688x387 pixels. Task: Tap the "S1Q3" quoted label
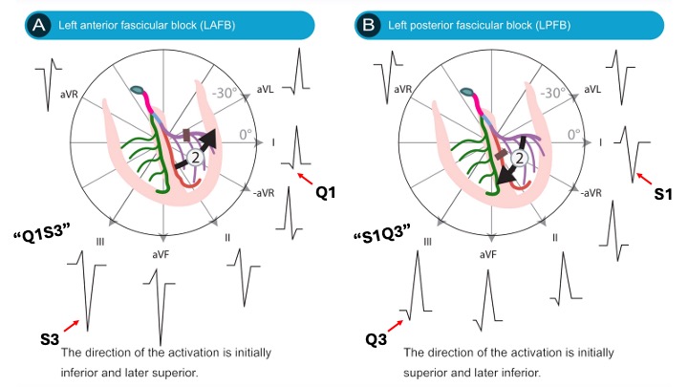[379, 233]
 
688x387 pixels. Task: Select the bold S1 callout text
[666, 191]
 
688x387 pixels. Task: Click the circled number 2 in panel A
[196, 159]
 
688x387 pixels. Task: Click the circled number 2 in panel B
[521, 159]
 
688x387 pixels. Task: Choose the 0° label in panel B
[571, 136]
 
